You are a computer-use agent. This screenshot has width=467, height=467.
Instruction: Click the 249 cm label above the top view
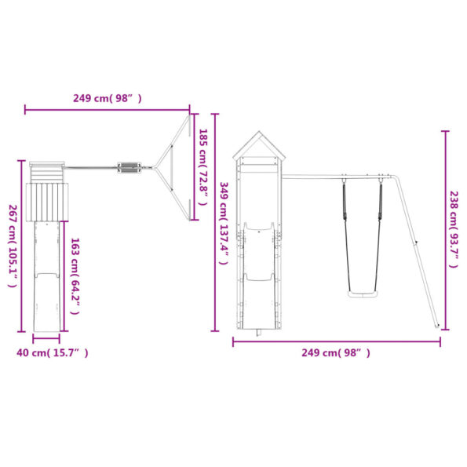[x=108, y=98]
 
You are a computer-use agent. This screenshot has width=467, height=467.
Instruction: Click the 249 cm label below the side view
[x=336, y=353]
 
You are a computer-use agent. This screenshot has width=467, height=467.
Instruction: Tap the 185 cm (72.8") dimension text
[x=203, y=166]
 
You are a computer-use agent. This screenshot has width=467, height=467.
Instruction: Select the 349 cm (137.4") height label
[x=224, y=223]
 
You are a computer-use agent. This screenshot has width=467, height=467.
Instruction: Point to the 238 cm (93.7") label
[x=454, y=229]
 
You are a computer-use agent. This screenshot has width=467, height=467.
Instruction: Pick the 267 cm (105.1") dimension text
[x=13, y=246]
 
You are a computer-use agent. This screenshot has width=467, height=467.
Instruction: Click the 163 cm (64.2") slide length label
[x=75, y=276]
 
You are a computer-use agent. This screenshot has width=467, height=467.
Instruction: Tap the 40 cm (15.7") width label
[x=53, y=353]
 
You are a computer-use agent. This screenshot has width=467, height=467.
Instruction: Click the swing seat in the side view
[x=363, y=294]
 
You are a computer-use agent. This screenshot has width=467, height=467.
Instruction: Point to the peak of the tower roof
[x=259, y=131]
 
